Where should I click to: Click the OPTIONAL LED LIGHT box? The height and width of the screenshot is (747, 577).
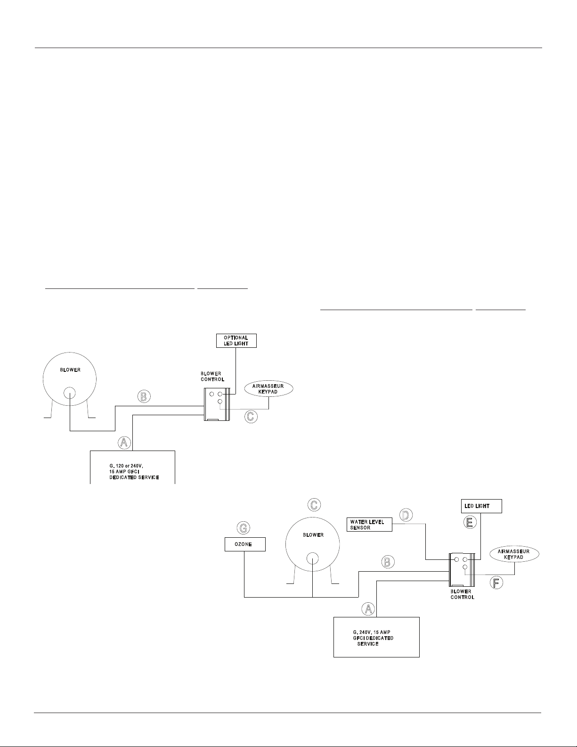pos(236,340)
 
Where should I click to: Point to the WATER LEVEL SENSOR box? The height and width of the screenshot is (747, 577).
pos(370,525)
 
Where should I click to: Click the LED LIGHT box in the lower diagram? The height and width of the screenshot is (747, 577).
pos(480,506)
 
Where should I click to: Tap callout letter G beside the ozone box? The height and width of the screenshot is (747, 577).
pos(243,528)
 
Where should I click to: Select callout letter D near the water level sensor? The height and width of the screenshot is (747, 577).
pos(406,515)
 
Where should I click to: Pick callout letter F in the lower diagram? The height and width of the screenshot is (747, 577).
pos(496,583)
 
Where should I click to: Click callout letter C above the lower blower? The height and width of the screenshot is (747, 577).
pos(314,505)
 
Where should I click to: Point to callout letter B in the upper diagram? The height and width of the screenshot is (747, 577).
pos(144,396)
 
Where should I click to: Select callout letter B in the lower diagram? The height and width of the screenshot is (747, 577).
pos(388,562)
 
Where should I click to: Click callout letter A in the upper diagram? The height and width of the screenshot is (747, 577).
pos(124,442)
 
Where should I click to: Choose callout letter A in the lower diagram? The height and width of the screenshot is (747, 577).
pos(368,608)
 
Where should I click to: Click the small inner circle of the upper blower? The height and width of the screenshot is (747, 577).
pos(70,394)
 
